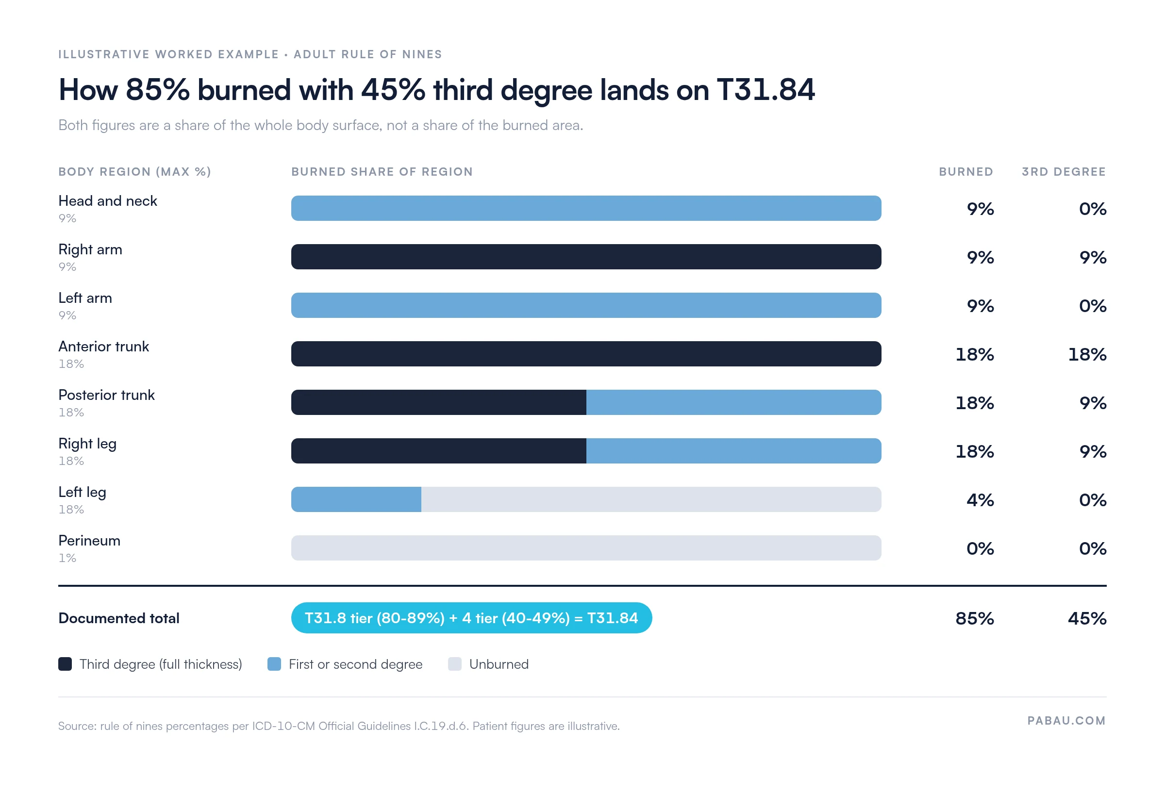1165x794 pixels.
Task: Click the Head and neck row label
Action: click(x=108, y=201)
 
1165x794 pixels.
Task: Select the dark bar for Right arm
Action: click(x=586, y=257)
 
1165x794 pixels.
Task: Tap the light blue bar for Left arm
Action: click(x=586, y=305)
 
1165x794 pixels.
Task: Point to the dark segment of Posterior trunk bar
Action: click(x=439, y=402)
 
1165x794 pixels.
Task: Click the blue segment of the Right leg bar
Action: click(x=734, y=451)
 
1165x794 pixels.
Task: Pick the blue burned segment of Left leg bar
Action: click(x=356, y=499)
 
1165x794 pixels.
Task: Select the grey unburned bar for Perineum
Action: click(x=586, y=548)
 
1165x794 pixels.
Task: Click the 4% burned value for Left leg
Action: click(x=980, y=500)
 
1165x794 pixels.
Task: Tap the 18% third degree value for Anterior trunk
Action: click(x=1087, y=354)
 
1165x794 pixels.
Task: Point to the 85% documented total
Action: click(x=975, y=618)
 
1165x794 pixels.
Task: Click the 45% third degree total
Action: click(x=1087, y=618)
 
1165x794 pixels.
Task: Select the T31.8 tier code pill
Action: click(x=471, y=617)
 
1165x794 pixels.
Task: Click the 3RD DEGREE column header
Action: click(x=1064, y=171)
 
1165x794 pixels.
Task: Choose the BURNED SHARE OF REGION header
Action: click(x=382, y=171)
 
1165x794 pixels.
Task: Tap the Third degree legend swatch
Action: click(x=65, y=663)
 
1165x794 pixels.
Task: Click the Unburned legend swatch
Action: click(x=455, y=663)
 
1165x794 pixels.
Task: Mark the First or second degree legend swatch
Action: click(x=274, y=663)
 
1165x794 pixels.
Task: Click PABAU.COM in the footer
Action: click(x=1066, y=720)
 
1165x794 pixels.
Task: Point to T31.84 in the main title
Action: click(x=766, y=90)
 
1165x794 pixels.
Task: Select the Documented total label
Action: click(x=119, y=618)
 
